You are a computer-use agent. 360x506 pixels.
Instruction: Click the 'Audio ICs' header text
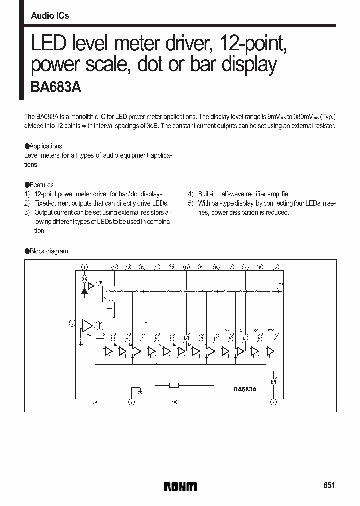point(50,16)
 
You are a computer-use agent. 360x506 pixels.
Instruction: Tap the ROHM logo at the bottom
point(180,486)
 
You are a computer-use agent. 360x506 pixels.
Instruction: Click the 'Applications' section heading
point(45,146)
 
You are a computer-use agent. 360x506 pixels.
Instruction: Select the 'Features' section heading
point(41,185)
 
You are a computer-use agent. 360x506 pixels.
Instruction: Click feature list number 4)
point(191,194)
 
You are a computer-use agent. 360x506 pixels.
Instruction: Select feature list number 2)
point(28,203)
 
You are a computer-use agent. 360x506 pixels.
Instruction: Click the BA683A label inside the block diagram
point(244,389)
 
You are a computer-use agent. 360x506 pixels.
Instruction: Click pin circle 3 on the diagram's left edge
point(72,324)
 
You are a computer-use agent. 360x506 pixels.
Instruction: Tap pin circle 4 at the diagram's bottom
point(96,401)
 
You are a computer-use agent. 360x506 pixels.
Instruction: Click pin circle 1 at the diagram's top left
point(84,267)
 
